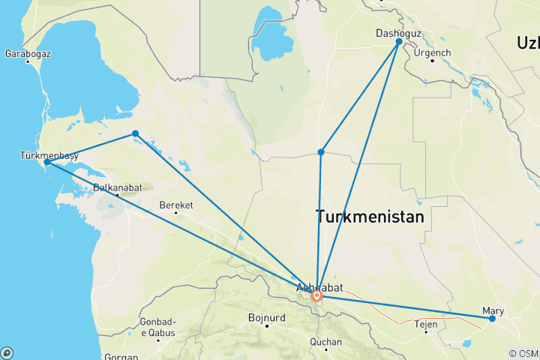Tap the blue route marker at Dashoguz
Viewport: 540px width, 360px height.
click(x=399, y=42)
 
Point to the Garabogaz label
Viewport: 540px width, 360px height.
click(x=27, y=54)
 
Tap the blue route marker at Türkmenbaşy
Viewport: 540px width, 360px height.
click(x=47, y=162)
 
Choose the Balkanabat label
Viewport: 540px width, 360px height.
click(x=116, y=188)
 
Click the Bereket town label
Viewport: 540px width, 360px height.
click(x=175, y=204)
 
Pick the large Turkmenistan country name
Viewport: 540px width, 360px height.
click(x=370, y=217)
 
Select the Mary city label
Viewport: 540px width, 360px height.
click(x=493, y=310)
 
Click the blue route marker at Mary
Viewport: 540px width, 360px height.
click(x=492, y=319)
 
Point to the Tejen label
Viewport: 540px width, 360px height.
click(x=426, y=324)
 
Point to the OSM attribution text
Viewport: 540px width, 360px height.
click(x=523, y=353)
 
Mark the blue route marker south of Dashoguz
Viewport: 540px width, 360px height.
click(x=321, y=152)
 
